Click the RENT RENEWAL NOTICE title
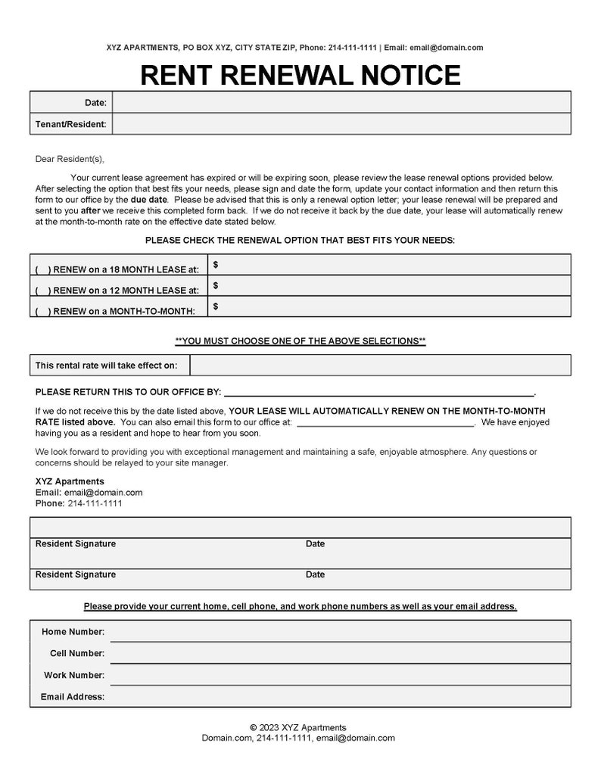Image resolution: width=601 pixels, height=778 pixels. pyautogui.click(x=300, y=75)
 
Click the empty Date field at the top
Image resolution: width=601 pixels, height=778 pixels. pyautogui.click(x=341, y=102)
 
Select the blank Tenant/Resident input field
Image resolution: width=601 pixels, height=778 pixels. pyautogui.click(x=341, y=123)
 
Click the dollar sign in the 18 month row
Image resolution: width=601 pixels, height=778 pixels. pyautogui.click(x=216, y=264)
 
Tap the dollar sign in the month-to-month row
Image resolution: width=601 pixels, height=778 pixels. pyautogui.click(x=216, y=307)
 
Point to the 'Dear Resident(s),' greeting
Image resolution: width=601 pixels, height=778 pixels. pyautogui.click(x=70, y=159)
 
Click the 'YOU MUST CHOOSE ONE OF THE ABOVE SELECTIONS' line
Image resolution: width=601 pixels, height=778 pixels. pyautogui.click(x=300, y=341)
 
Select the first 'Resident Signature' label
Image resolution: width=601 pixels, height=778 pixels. pyautogui.click(x=76, y=543)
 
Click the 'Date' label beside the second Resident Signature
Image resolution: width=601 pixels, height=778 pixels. pyautogui.click(x=315, y=574)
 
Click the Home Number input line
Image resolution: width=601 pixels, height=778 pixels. pyautogui.click(x=341, y=632)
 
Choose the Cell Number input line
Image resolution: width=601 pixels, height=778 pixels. pyautogui.click(x=341, y=653)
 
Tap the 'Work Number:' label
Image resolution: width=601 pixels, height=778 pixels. pyautogui.click(x=74, y=675)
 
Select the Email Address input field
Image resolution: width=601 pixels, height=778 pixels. pyautogui.click(x=341, y=696)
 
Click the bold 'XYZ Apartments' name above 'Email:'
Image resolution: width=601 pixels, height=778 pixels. pyautogui.click(x=70, y=481)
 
